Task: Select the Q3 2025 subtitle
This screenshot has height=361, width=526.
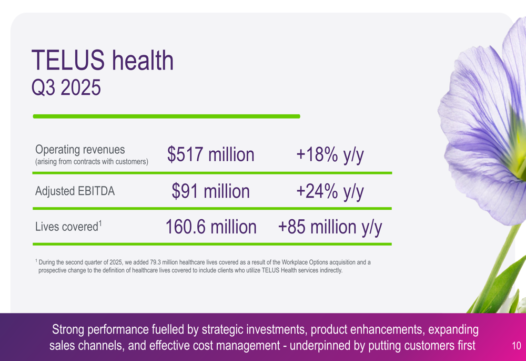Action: click(x=66, y=87)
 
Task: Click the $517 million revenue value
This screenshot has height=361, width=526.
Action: click(x=210, y=155)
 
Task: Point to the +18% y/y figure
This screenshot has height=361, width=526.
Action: click(x=330, y=155)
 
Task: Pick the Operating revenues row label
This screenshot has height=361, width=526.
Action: click(x=80, y=150)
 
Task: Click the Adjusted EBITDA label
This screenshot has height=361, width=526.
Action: click(x=75, y=191)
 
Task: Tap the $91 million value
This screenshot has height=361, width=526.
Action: click(x=210, y=191)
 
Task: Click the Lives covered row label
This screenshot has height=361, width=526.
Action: click(x=66, y=227)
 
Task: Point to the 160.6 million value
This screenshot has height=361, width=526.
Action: click(x=210, y=227)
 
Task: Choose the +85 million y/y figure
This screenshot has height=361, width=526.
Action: click(x=330, y=227)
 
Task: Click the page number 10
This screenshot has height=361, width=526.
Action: click(x=516, y=346)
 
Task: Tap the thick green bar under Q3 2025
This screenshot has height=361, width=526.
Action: click(x=166, y=116)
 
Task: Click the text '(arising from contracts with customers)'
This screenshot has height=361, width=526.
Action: click(x=92, y=161)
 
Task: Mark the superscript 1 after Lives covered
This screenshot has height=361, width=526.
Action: click(x=99, y=223)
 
